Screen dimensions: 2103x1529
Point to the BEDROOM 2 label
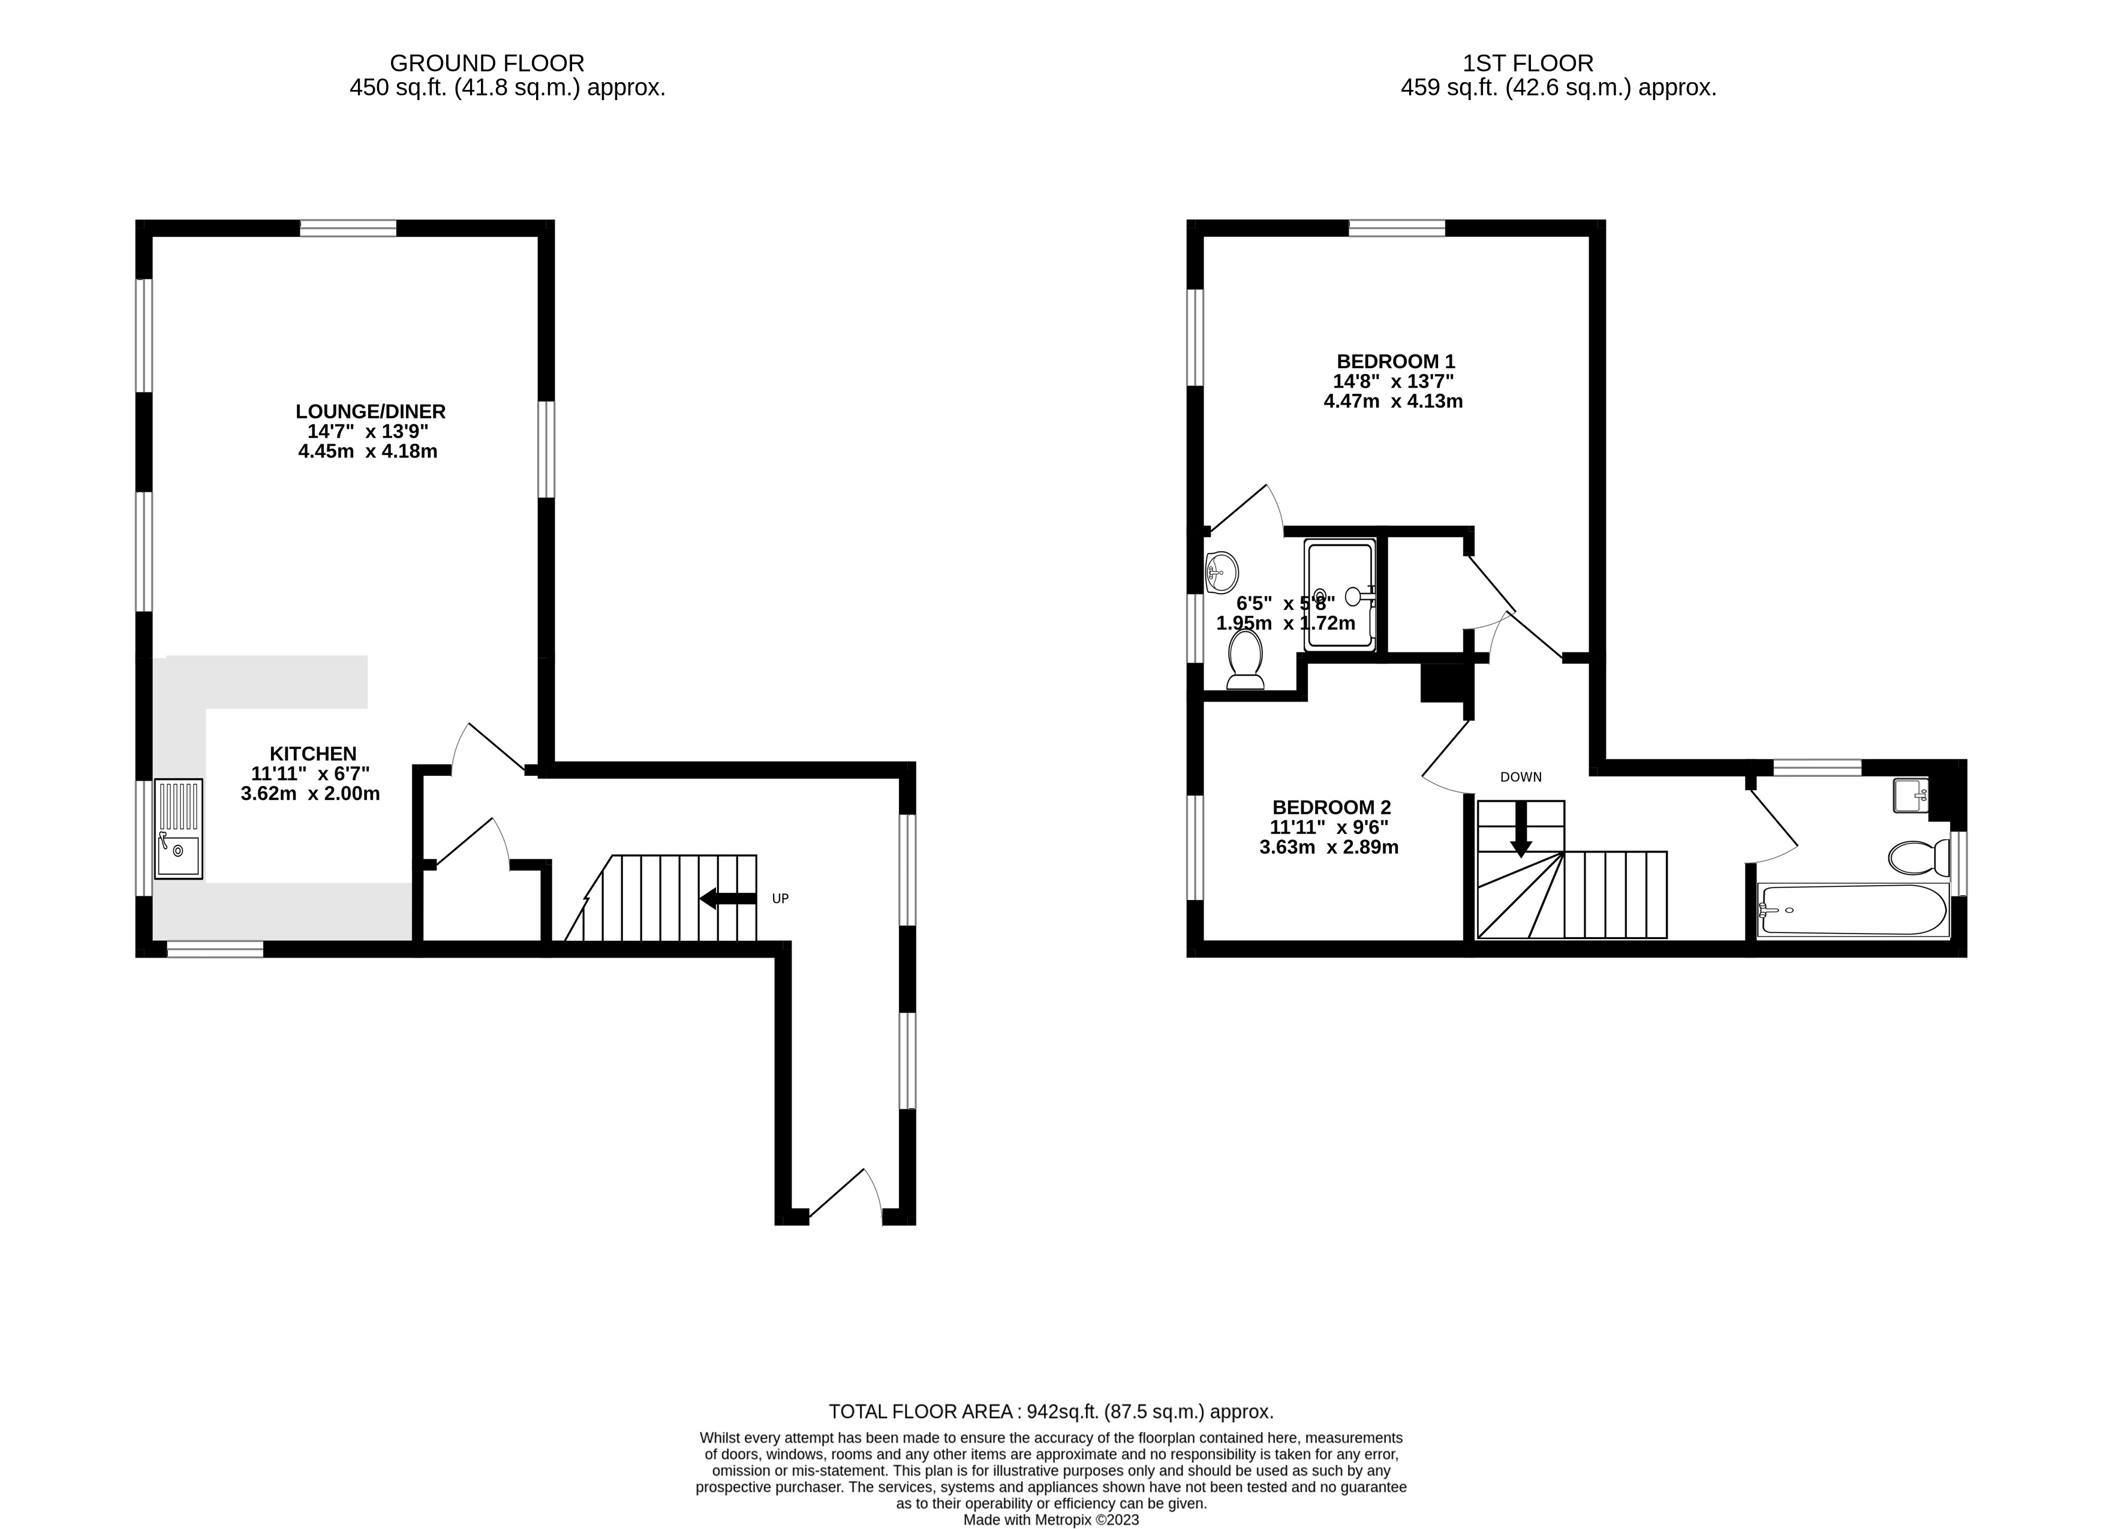click(1331, 808)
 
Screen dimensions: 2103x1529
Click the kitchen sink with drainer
click(178, 829)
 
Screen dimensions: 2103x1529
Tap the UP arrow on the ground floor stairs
click(728, 898)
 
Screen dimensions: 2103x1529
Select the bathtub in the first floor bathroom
click(1854, 910)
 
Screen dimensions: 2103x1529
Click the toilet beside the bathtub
click(1918, 857)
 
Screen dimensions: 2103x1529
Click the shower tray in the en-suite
click(1340, 595)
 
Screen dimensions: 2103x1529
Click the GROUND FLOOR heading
click(487, 63)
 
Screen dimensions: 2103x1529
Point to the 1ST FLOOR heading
click(1528, 63)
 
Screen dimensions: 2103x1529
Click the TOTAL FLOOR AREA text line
click(1051, 1411)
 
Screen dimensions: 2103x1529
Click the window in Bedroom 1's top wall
click(1397, 228)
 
